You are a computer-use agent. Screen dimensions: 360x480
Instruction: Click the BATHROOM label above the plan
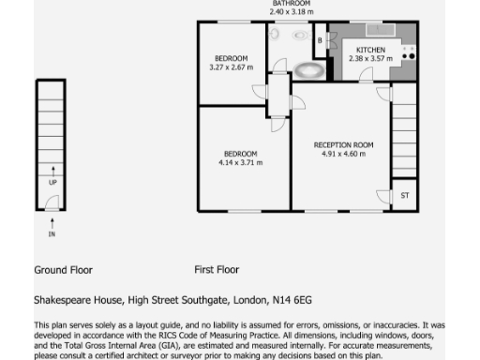(292, 4)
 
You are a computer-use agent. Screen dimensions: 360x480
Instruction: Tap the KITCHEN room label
(368, 49)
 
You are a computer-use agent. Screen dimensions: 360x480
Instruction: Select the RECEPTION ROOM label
(343, 144)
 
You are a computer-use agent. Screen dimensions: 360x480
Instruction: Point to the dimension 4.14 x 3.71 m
(240, 162)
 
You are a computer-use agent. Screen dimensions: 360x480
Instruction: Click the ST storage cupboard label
(405, 196)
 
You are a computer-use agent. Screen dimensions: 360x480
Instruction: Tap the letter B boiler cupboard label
(320, 40)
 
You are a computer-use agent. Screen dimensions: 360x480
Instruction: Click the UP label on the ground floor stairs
(52, 182)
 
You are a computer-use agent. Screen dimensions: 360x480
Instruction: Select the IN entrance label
(52, 234)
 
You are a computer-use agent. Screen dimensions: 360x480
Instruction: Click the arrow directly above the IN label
(52, 222)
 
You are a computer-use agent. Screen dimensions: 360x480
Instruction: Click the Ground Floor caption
(63, 269)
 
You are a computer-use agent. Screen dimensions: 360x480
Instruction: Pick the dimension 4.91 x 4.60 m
(343, 154)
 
